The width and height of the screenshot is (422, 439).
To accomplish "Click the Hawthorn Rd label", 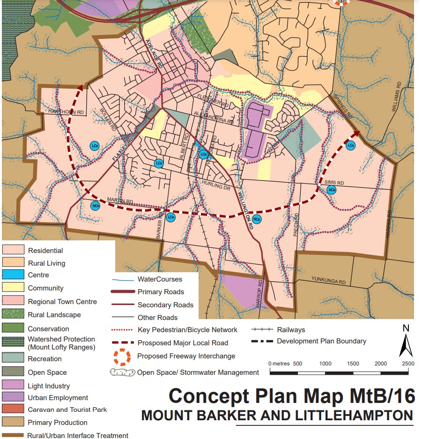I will coord(67,112).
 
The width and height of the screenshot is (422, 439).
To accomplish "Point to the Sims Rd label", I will coord(334,183).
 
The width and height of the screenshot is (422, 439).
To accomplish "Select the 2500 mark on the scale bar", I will coord(407,364).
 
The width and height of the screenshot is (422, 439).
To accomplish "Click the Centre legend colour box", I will coord(13,275).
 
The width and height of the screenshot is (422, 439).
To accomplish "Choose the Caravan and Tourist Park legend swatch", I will coord(13,409).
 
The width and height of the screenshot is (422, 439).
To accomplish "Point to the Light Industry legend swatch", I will coord(13,386).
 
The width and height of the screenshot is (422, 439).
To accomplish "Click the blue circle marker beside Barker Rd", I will coord(170,217).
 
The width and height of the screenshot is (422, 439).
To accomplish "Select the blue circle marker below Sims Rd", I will coord(331,190).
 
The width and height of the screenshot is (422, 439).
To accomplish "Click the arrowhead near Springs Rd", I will coord(355,133).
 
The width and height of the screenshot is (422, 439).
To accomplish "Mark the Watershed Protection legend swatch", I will coord(13,343).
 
